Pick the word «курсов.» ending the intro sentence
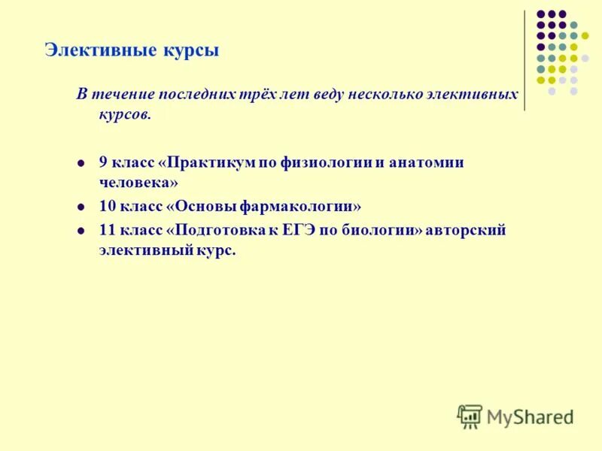tap(126, 114)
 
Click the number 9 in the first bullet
tap(103, 162)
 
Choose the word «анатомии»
tap(426, 162)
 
